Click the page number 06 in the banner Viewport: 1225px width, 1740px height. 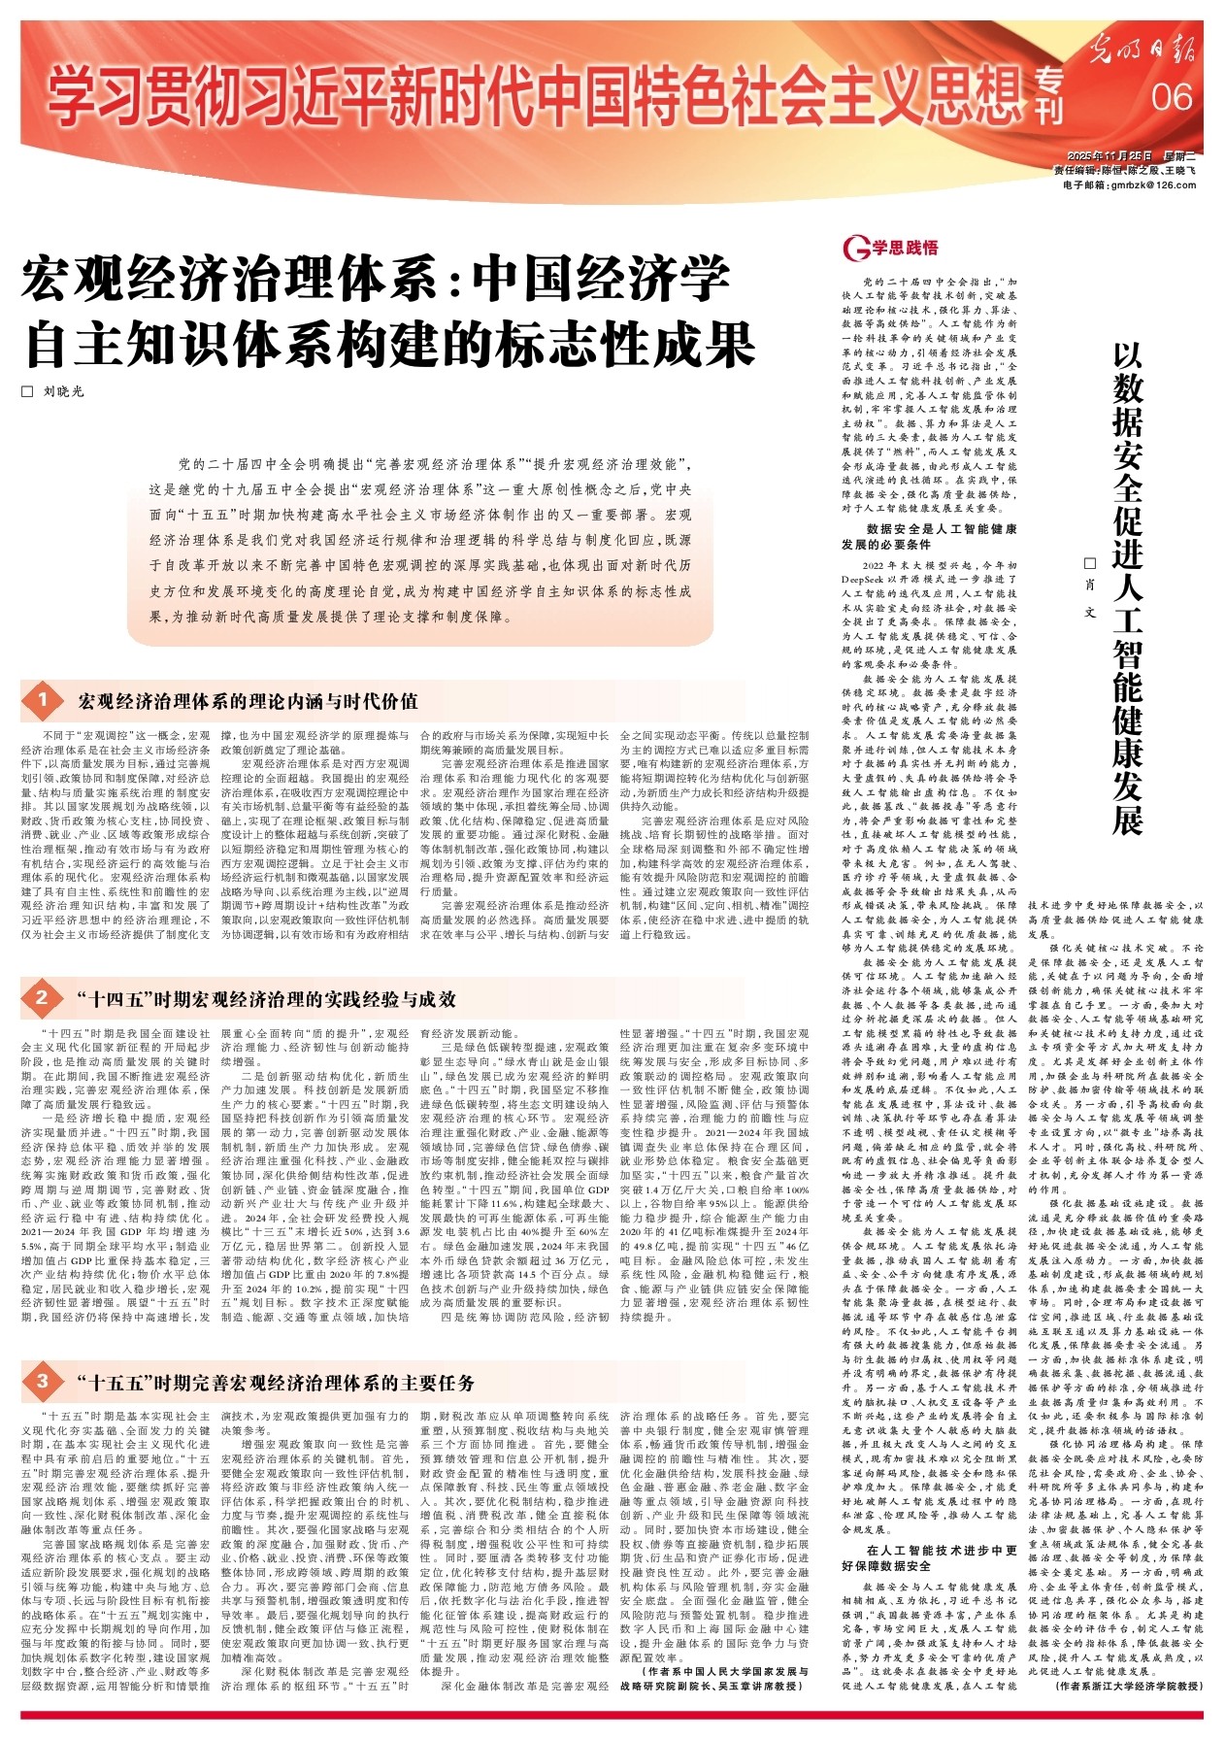[x=1172, y=96]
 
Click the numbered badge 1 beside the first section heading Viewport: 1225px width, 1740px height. [x=43, y=700]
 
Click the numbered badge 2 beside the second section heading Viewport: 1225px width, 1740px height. [x=43, y=998]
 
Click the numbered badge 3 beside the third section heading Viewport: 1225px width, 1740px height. [x=43, y=1381]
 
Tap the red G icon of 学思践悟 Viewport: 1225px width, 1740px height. [x=856, y=249]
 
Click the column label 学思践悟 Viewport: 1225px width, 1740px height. [x=905, y=249]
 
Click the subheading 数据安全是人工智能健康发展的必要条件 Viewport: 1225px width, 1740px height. [x=929, y=537]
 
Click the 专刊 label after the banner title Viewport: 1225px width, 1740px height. [x=1049, y=97]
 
